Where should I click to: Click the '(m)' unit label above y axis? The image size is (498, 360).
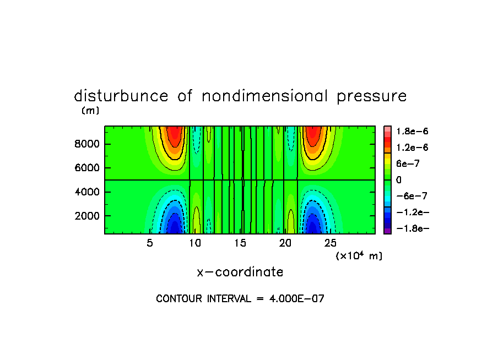click(90, 111)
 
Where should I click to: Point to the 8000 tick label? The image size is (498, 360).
click(87, 144)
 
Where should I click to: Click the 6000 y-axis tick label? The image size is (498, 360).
click(87, 168)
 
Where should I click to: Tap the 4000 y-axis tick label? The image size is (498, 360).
click(87, 192)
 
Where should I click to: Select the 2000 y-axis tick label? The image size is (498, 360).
click(87, 216)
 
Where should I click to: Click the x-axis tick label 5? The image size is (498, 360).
click(150, 243)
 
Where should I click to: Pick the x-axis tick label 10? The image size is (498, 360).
click(195, 243)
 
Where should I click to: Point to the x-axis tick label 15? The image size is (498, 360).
click(240, 243)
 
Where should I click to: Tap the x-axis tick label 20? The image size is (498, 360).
click(285, 243)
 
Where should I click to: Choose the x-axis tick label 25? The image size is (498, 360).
click(331, 243)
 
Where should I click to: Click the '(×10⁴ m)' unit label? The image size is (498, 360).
click(359, 256)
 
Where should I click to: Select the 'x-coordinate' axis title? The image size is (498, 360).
click(240, 272)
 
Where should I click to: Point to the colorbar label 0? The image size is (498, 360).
click(399, 180)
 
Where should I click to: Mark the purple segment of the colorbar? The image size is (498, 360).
click(388, 231)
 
